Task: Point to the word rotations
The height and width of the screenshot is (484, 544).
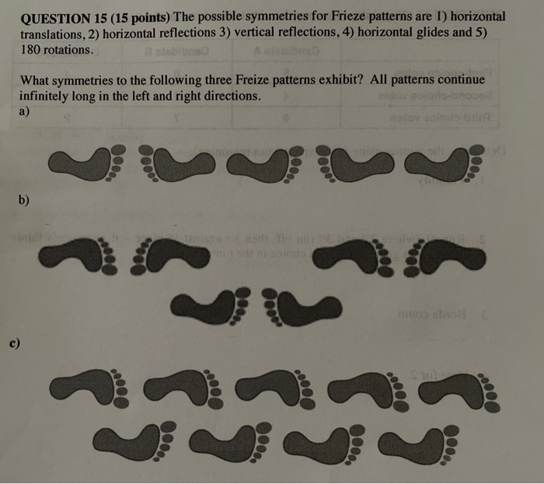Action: tap(68, 51)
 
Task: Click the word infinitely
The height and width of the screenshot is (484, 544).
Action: tap(51, 96)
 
